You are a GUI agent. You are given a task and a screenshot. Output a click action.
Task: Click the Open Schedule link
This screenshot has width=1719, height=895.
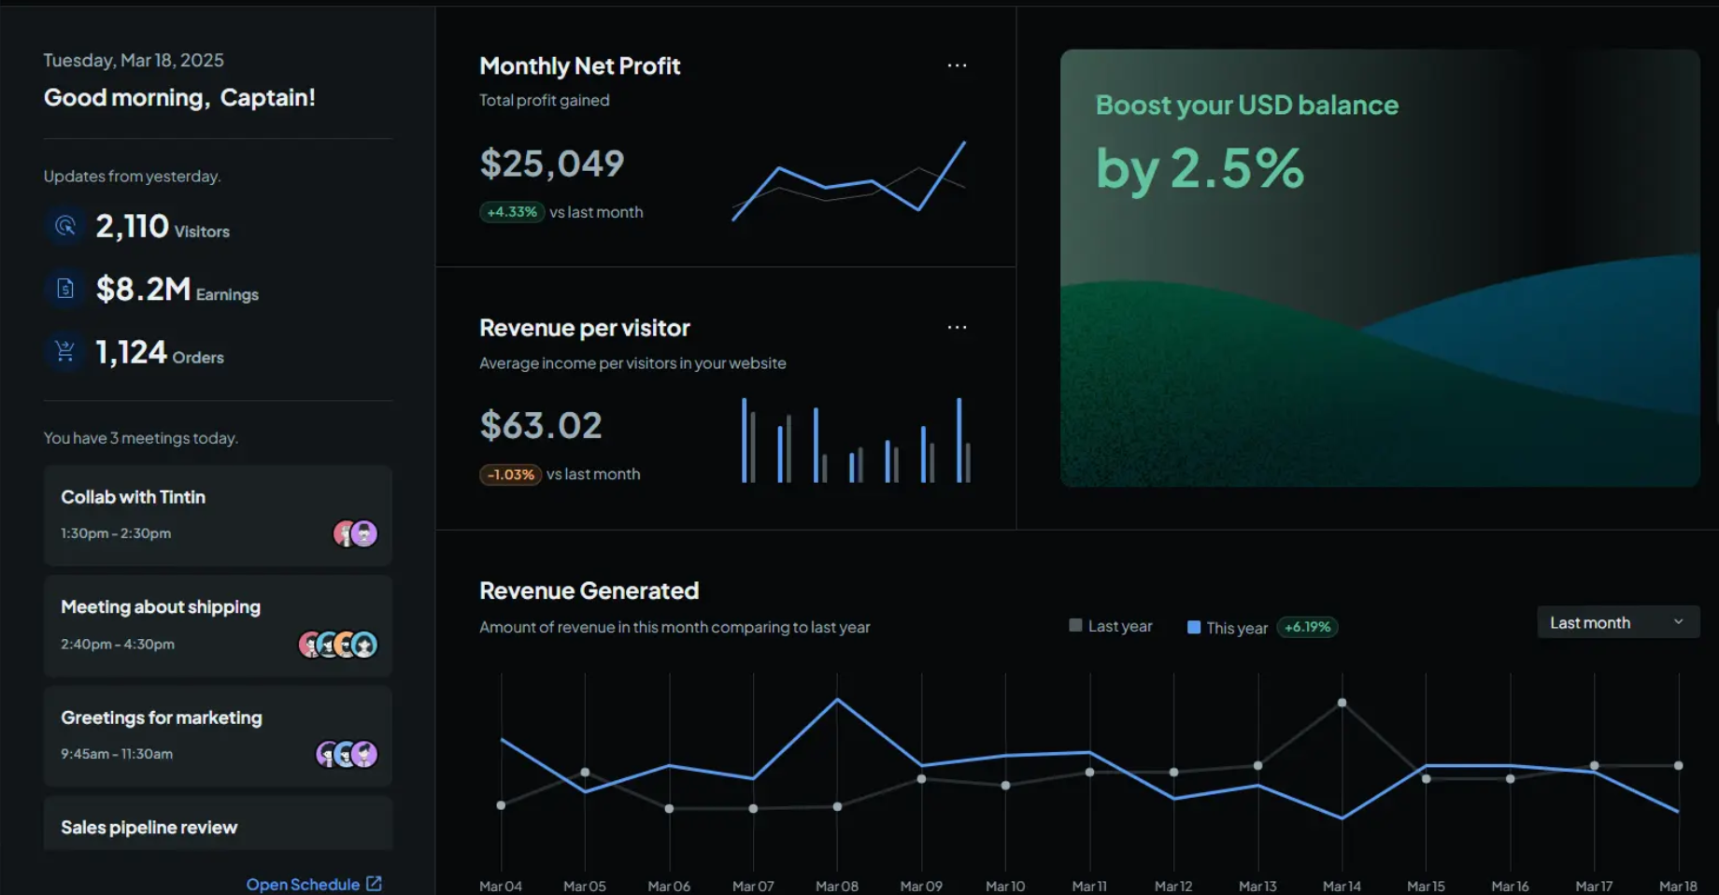[313, 884]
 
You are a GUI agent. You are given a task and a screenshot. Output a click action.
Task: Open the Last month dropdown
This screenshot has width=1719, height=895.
[1617, 622]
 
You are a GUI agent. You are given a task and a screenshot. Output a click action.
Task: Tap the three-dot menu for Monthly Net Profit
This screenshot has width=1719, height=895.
[957, 65]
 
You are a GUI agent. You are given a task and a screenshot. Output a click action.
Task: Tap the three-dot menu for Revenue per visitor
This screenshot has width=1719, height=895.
[957, 327]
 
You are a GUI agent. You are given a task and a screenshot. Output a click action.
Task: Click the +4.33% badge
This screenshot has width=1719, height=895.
[512, 212]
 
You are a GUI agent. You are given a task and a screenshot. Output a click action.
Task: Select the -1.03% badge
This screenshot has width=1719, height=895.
[510, 475]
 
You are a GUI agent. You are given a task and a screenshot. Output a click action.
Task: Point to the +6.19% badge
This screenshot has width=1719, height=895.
[1307, 627]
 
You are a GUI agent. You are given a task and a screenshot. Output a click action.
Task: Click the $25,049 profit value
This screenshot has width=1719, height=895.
[551, 163]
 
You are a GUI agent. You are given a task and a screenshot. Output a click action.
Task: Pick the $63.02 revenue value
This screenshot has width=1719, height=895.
[541, 426]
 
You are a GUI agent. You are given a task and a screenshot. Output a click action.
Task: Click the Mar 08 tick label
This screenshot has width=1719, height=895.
[836, 886]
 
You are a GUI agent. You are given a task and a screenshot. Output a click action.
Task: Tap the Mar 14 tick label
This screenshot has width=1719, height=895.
[1342, 886]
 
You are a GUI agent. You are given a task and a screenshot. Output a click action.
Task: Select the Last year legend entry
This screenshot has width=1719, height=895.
[1111, 626]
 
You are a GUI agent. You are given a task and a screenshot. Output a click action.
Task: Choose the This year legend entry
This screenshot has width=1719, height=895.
[1228, 628]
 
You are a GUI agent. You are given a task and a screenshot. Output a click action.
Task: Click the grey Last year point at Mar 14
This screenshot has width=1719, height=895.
[1342, 703]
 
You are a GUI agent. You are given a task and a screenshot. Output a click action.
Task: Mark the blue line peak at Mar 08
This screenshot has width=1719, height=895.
[837, 699]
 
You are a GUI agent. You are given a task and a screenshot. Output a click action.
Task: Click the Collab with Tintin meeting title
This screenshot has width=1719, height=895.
[133, 497]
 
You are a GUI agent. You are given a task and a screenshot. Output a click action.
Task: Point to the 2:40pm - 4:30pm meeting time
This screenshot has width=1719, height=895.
[118, 644]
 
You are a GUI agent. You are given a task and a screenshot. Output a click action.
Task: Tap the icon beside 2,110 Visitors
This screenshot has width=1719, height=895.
[65, 226]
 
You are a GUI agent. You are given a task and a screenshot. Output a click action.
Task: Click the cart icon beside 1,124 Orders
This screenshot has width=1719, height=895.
[65, 351]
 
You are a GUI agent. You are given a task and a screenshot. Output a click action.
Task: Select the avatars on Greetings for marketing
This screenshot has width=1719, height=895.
[347, 754]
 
